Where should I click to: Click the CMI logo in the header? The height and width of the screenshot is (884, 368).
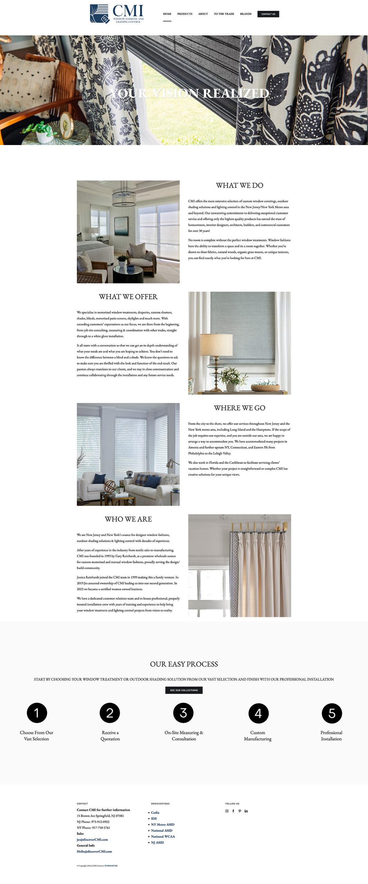tap(117, 14)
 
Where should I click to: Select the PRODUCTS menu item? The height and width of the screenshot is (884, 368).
tap(185, 14)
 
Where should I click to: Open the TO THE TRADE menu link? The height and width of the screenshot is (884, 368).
tap(224, 14)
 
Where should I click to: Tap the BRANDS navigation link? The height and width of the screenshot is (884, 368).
tap(246, 14)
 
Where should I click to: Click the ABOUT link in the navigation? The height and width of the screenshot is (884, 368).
tap(203, 14)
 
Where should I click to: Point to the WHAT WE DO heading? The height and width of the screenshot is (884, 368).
tap(240, 185)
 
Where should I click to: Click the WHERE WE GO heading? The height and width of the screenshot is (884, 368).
tap(240, 408)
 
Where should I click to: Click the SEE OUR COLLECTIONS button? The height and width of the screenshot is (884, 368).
tap(184, 690)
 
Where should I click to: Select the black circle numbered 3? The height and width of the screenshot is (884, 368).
tap(183, 713)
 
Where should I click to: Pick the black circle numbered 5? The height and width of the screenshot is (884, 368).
tap(332, 713)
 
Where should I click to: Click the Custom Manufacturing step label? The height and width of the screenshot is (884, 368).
tap(258, 736)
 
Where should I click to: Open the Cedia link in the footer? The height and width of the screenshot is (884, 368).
tap(155, 813)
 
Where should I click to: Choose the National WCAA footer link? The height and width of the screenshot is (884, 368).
tap(163, 836)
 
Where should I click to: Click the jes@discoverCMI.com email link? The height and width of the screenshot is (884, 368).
tap(92, 839)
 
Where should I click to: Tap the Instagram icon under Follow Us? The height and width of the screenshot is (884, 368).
tap(227, 811)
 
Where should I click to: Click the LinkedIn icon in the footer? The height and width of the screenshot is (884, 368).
tap(246, 811)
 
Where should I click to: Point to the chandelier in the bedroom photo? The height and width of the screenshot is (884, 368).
tap(124, 198)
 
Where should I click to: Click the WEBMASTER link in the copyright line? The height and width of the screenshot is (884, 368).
tap(111, 866)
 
